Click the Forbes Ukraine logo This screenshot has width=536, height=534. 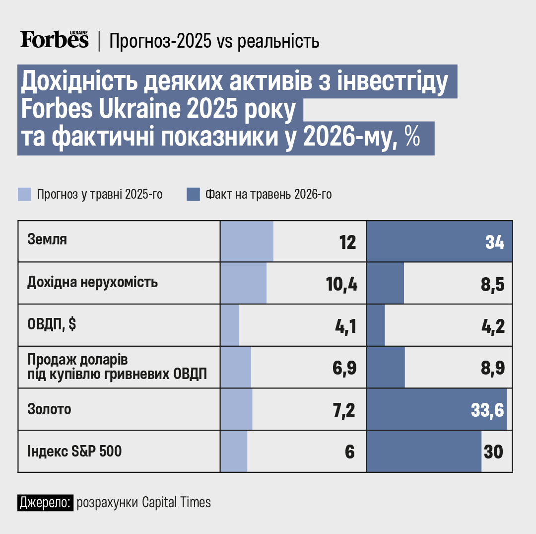55,39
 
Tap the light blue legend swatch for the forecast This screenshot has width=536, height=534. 25,194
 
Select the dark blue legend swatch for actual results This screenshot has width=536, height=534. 193,194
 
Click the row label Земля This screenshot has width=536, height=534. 47,239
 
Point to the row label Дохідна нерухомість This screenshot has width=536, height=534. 93,282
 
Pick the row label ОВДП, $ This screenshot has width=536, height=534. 52,323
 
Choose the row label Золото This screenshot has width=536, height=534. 49,409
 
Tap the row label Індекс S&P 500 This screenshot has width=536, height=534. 74,451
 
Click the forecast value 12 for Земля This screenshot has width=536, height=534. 347,242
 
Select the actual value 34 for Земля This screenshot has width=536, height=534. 495,242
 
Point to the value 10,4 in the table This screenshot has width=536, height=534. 341,284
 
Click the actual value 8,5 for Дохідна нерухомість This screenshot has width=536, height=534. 493,284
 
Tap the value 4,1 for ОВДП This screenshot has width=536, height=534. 345,326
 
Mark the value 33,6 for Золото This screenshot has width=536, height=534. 487,410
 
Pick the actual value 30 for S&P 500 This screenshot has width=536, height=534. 493,452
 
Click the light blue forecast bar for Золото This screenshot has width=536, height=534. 237,409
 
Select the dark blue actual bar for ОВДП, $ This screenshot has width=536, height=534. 376,325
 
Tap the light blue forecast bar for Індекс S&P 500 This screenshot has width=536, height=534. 234,451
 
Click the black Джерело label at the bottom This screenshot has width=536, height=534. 46,503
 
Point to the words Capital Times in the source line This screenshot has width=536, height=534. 176,503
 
